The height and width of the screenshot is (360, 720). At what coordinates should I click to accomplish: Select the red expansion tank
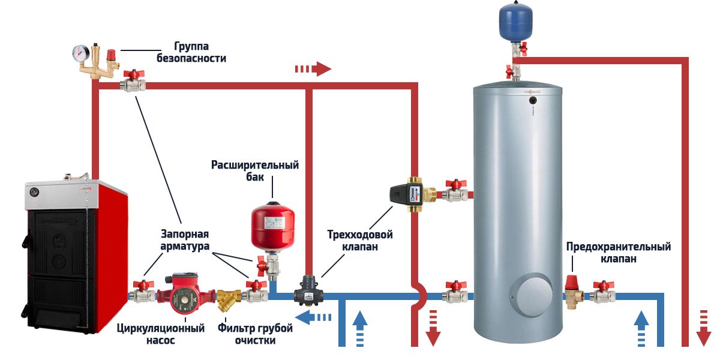pos(273,227)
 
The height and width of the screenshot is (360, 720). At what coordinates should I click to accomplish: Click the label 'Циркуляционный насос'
pos(160,334)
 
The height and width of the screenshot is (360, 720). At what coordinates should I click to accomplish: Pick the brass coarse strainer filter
pos(229,298)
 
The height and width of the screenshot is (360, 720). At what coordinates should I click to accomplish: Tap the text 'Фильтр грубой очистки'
pos(255,334)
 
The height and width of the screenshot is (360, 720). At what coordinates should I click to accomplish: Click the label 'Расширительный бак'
pos(255,171)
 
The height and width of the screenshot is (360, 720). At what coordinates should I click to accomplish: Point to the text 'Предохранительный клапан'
pos(618,253)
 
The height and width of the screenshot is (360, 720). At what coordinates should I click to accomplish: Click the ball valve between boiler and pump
pos(142,292)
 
